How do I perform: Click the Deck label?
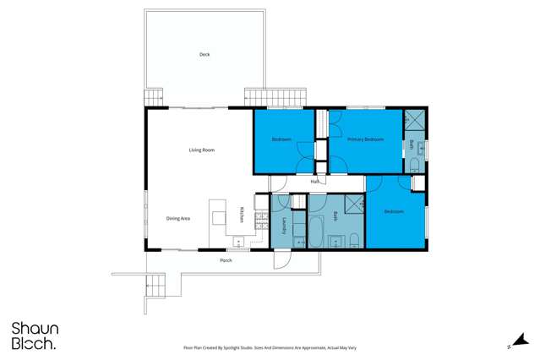[x=204, y=54]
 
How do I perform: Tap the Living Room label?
[x=201, y=150]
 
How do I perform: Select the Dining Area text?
[x=177, y=218]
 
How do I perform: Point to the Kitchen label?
[x=242, y=215]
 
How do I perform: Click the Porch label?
[x=226, y=260]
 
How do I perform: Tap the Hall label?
[x=314, y=182]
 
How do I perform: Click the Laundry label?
[x=283, y=225]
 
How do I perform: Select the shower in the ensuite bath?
[x=416, y=118]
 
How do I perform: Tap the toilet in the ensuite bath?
[x=416, y=166]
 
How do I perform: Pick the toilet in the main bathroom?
[x=354, y=242]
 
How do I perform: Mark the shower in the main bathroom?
[x=354, y=203]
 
